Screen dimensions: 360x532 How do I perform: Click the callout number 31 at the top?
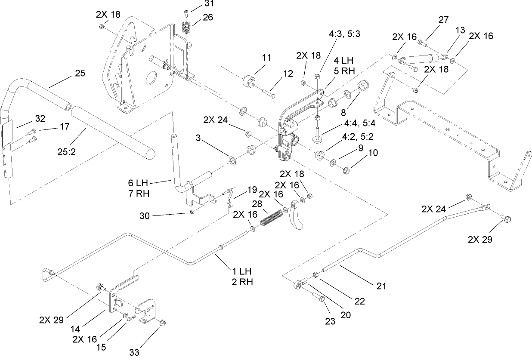point(209,4)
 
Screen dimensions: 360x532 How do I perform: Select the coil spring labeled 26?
point(186,29)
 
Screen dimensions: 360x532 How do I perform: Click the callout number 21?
point(381,286)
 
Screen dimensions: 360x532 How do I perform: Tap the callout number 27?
point(443,19)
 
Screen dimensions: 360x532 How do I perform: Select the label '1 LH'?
point(242,272)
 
